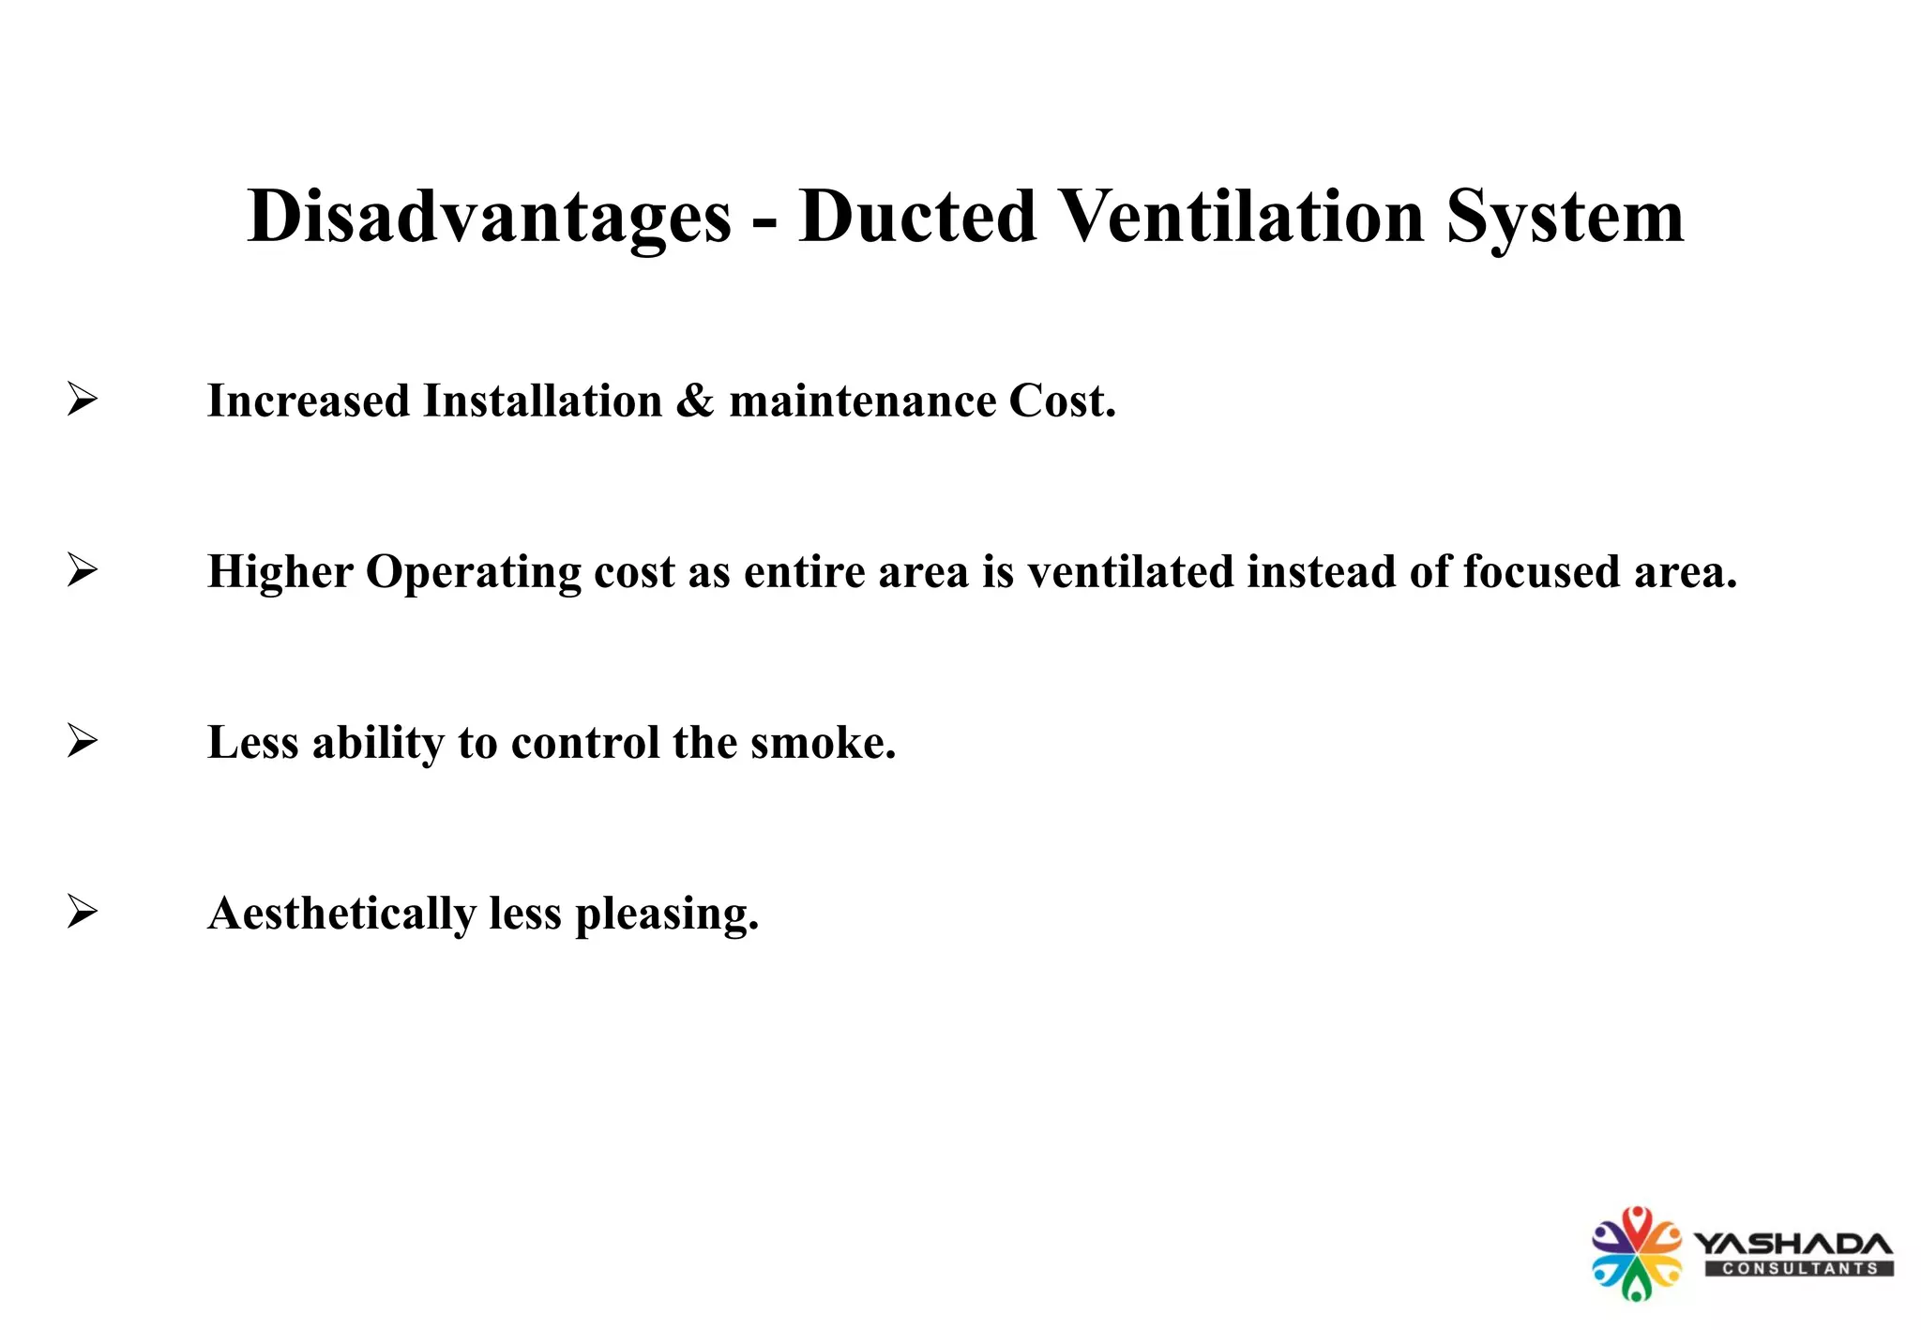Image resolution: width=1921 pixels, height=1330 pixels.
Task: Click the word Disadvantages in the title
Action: pyautogui.click(x=488, y=218)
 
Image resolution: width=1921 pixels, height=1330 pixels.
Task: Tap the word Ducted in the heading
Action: pyautogui.click(x=917, y=218)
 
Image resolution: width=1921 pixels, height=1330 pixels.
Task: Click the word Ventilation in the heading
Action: pyautogui.click(x=1243, y=218)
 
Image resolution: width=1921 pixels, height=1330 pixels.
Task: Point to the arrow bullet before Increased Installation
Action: pyautogui.click(x=83, y=401)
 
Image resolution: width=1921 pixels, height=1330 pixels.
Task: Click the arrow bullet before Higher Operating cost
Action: pyautogui.click(x=83, y=571)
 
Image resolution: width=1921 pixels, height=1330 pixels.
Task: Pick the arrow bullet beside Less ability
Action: pyautogui.click(x=83, y=742)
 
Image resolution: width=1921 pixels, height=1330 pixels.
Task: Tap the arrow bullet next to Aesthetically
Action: pyautogui.click(x=83, y=913)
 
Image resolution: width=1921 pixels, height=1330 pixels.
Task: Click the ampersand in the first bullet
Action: pyautogui.click(x=695, y=401)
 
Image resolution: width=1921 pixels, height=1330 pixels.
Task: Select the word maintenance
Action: pyautogui.click(x=863, y=401)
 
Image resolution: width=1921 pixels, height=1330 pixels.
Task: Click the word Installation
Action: pyautogui.click(x=542, y=401)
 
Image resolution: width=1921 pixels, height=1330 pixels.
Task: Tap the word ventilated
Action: pyautogui.click(x=1130, y=572)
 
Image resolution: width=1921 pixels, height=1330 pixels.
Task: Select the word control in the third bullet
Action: pyautogui.click(x=585, y=743)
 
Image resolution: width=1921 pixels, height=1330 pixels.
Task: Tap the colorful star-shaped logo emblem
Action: pyautogui.click(x=1636, y=1253)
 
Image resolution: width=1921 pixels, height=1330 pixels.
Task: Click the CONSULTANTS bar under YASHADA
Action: pyautogui.click(x=1799, y=1269)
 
